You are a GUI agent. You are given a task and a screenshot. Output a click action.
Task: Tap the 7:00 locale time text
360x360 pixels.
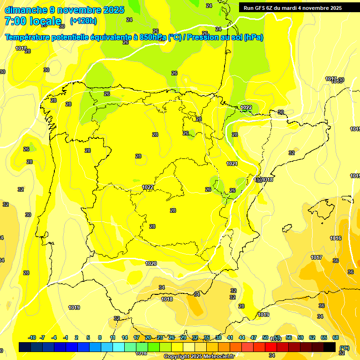[33, 21]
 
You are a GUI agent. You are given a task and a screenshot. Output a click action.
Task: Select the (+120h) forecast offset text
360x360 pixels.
[83, 21]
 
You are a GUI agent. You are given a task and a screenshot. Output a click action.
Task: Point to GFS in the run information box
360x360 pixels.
[261, 8]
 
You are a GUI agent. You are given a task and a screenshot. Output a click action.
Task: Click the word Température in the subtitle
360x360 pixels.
[29, 37]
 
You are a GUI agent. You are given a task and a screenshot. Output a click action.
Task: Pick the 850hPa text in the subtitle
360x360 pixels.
[153, 37]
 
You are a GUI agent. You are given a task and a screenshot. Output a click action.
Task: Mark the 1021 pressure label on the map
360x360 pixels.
[232, 164]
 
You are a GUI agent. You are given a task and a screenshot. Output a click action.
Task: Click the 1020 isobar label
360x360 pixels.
[151, 263]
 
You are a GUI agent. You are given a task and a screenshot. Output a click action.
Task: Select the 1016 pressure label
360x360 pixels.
[336, 238]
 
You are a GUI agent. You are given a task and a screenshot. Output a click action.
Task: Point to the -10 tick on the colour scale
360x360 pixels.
[32, 337]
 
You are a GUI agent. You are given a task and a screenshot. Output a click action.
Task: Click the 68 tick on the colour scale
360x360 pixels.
[336, 337]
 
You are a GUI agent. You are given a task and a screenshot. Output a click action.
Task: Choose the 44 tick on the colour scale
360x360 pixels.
[242, 337]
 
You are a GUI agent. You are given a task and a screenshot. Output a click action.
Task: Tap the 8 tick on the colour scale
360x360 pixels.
[100, 337]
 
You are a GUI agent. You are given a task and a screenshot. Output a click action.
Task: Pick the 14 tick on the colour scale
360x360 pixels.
[125, 337]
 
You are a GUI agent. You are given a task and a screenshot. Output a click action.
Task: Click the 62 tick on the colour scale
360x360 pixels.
[312, 337]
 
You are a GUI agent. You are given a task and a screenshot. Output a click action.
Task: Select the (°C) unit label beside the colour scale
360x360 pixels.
[345, 348]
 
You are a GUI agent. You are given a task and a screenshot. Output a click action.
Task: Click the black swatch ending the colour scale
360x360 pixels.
[330, 347]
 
